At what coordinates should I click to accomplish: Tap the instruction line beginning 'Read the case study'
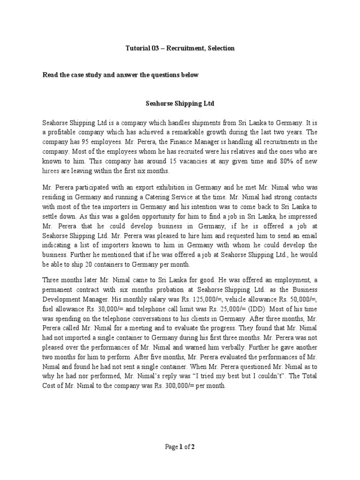tap(121, 75)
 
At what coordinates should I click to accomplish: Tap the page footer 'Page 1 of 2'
tap(180, 447)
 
